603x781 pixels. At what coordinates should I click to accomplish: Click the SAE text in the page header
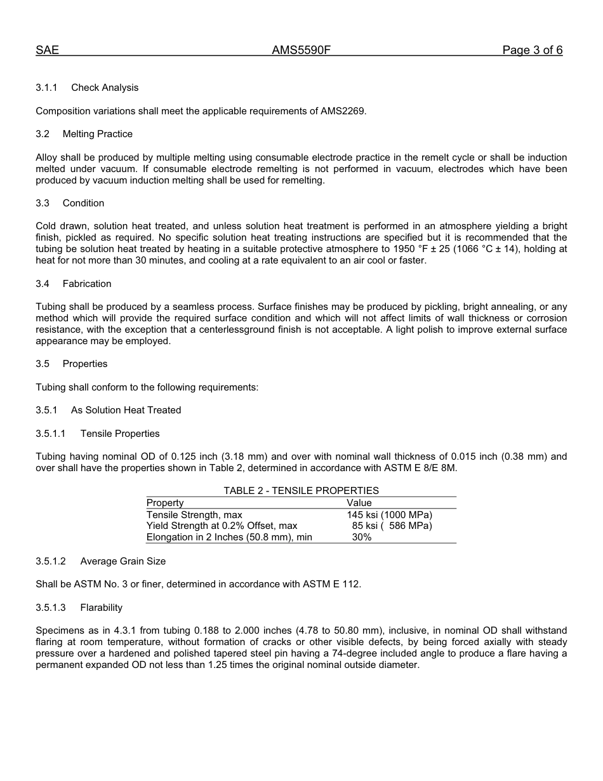pyautogui.click(x=47, y=50)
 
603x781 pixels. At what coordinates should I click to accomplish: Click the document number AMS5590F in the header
pyautogui.click(x=301, y=50)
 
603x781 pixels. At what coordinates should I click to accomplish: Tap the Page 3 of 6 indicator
pyautogui.click(x=532, y=50)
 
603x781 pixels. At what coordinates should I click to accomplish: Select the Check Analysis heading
pyautogui.click(x=105, y=88)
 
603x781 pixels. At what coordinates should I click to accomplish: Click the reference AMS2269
pyautogui.click(x=343, y=111)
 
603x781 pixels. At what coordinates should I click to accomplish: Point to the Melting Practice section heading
pyautogui.click(x=98, y=134)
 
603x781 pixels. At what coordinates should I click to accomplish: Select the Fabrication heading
pyautogui.click(x=87, y=284)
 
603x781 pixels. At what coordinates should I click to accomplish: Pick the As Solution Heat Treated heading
pyautogui.click(x=126, y=410)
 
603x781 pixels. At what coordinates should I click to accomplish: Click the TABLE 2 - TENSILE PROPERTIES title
pyautogui.click(x=301, y=491)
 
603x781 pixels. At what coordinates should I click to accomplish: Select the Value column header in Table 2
pyautogui.click(x=359, y=503)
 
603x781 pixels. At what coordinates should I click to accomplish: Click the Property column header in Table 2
pyautogui.click(x=165, y=503)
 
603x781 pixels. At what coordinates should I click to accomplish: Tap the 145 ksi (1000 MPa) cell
pyautogui.click(x=389, y=514)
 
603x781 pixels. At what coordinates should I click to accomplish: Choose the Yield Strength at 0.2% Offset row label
pyautogui.click(x=222, y=526)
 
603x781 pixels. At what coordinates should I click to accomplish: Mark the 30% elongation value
pyautogui.click(x=362, y=537)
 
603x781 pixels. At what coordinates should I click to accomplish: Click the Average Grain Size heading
pyautogui.click(x=123, y=561)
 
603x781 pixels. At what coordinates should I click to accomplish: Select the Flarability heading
pyautogui.click(x=102, y=608)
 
